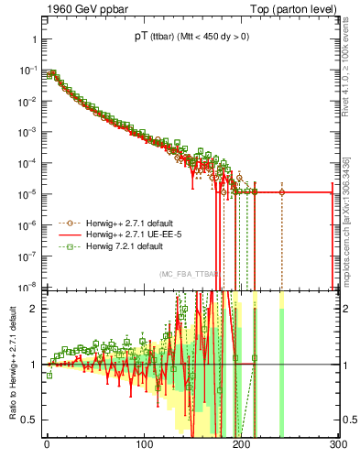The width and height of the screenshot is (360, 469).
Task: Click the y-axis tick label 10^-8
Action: [x=27, y=286]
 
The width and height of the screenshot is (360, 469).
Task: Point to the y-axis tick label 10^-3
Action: [x=27, y=132]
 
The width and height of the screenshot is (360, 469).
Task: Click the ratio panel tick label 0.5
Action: [x=29, y=420]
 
